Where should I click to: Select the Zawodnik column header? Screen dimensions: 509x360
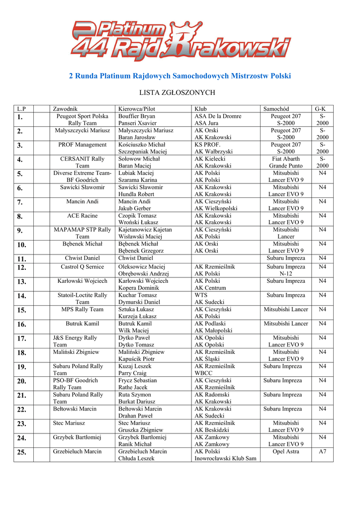(65, 109)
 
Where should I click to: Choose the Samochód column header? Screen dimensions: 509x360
(276, 109)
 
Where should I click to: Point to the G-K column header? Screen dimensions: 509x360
(320, 109)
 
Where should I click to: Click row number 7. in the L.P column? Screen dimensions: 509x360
(20, 202)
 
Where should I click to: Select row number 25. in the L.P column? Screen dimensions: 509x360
(22, 452)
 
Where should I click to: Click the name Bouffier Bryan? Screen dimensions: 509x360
(137, 116)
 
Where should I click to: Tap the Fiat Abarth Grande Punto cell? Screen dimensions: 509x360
(286, 163)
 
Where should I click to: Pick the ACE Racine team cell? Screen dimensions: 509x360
(83, 216)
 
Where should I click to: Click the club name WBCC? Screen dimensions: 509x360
(203, 373)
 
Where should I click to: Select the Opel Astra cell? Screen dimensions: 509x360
(286, 451)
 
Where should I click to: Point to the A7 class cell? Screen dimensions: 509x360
(322, 451)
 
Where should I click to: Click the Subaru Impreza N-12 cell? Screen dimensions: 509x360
(286, 270)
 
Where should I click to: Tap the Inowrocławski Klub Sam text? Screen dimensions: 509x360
(225, 458)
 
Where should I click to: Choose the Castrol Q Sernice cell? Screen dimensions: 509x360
(83, 267)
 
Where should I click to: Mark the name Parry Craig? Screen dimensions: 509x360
(132, 373)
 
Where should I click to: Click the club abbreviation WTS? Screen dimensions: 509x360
(201, 295)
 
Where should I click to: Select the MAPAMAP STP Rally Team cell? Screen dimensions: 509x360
(83, 233)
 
